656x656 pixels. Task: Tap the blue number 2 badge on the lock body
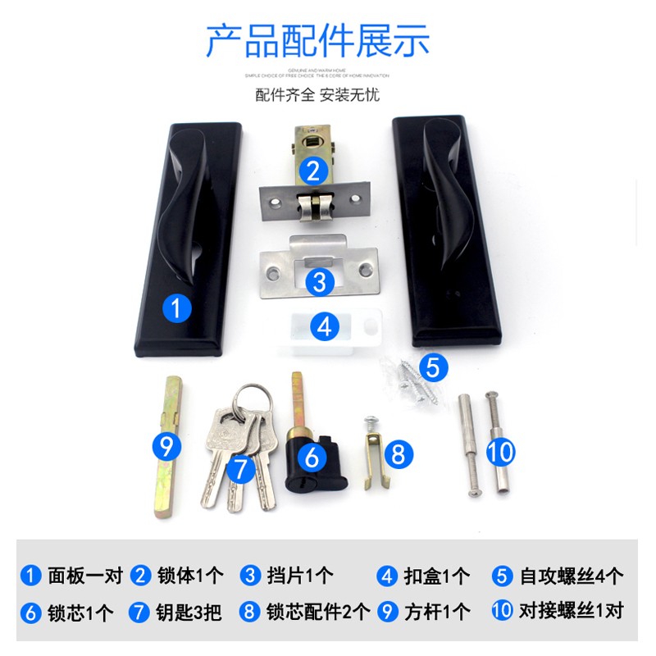(313, 171)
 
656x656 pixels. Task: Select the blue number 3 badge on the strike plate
(319, 282)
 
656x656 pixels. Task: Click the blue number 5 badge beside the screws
(434, 367)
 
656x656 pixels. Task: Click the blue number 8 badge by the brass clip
(398, 453)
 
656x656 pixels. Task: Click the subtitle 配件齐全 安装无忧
(317, 94)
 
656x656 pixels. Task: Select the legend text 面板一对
(85, 576)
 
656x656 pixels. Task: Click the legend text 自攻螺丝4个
(572, 576)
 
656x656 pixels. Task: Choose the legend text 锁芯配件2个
(317, 612)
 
